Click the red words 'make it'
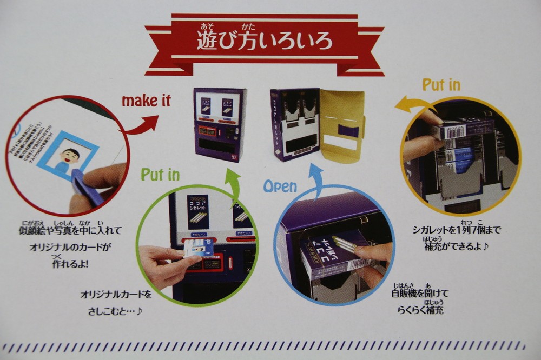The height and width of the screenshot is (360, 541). click(146, 101)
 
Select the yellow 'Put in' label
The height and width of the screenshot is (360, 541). click(441, 85)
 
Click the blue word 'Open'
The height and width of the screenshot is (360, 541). click(280, 186)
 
